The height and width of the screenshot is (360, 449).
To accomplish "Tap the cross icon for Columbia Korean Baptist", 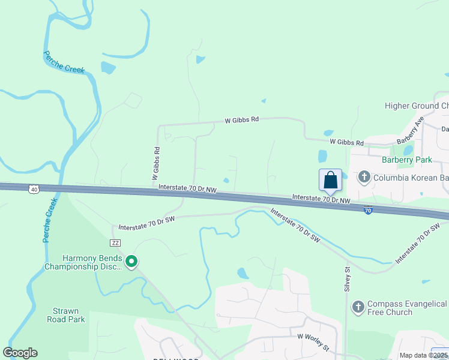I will (364, 178).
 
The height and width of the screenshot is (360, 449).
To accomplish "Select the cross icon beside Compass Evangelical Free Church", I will (358, 308).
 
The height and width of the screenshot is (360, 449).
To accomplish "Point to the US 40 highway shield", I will (34, 189).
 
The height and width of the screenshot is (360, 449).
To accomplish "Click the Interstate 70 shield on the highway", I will (368, 211).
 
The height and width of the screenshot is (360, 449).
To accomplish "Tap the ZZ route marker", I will (116, 243).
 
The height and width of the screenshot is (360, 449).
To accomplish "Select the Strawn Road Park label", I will (66, 315).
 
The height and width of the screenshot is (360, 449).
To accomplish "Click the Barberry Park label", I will (406, 160).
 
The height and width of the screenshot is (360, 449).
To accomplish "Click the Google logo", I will (20, 353).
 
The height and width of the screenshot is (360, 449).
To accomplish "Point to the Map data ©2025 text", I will (423, 355).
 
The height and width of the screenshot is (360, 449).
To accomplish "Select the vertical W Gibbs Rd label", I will (155, 164).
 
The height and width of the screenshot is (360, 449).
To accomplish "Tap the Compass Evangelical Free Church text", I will (398, 308).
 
